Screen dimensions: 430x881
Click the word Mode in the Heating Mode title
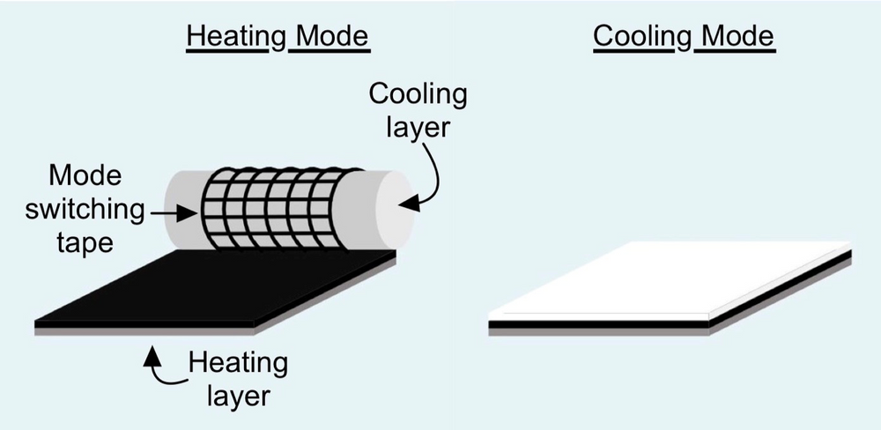click(x=329, y=38)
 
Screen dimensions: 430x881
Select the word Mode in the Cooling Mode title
click(x=734, y=38)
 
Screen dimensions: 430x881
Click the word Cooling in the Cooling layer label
click(x=418, y=94)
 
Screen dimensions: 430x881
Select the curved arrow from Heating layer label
click(x=164, y=370)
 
